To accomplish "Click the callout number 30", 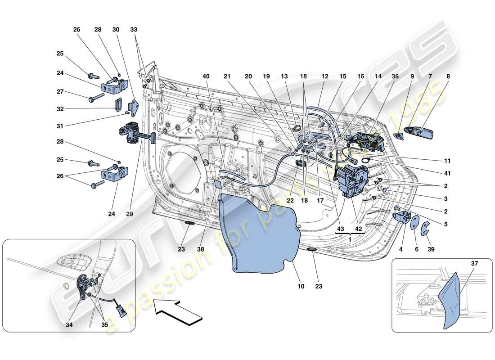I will click(116, 30).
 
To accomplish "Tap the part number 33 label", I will click(134, 30).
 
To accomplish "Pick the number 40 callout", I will click(206, 77).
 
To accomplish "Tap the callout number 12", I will click(325, 77).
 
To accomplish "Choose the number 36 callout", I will click(395, 77).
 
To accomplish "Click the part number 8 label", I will click(448, 77).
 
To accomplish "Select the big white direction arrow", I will click(175, 312).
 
